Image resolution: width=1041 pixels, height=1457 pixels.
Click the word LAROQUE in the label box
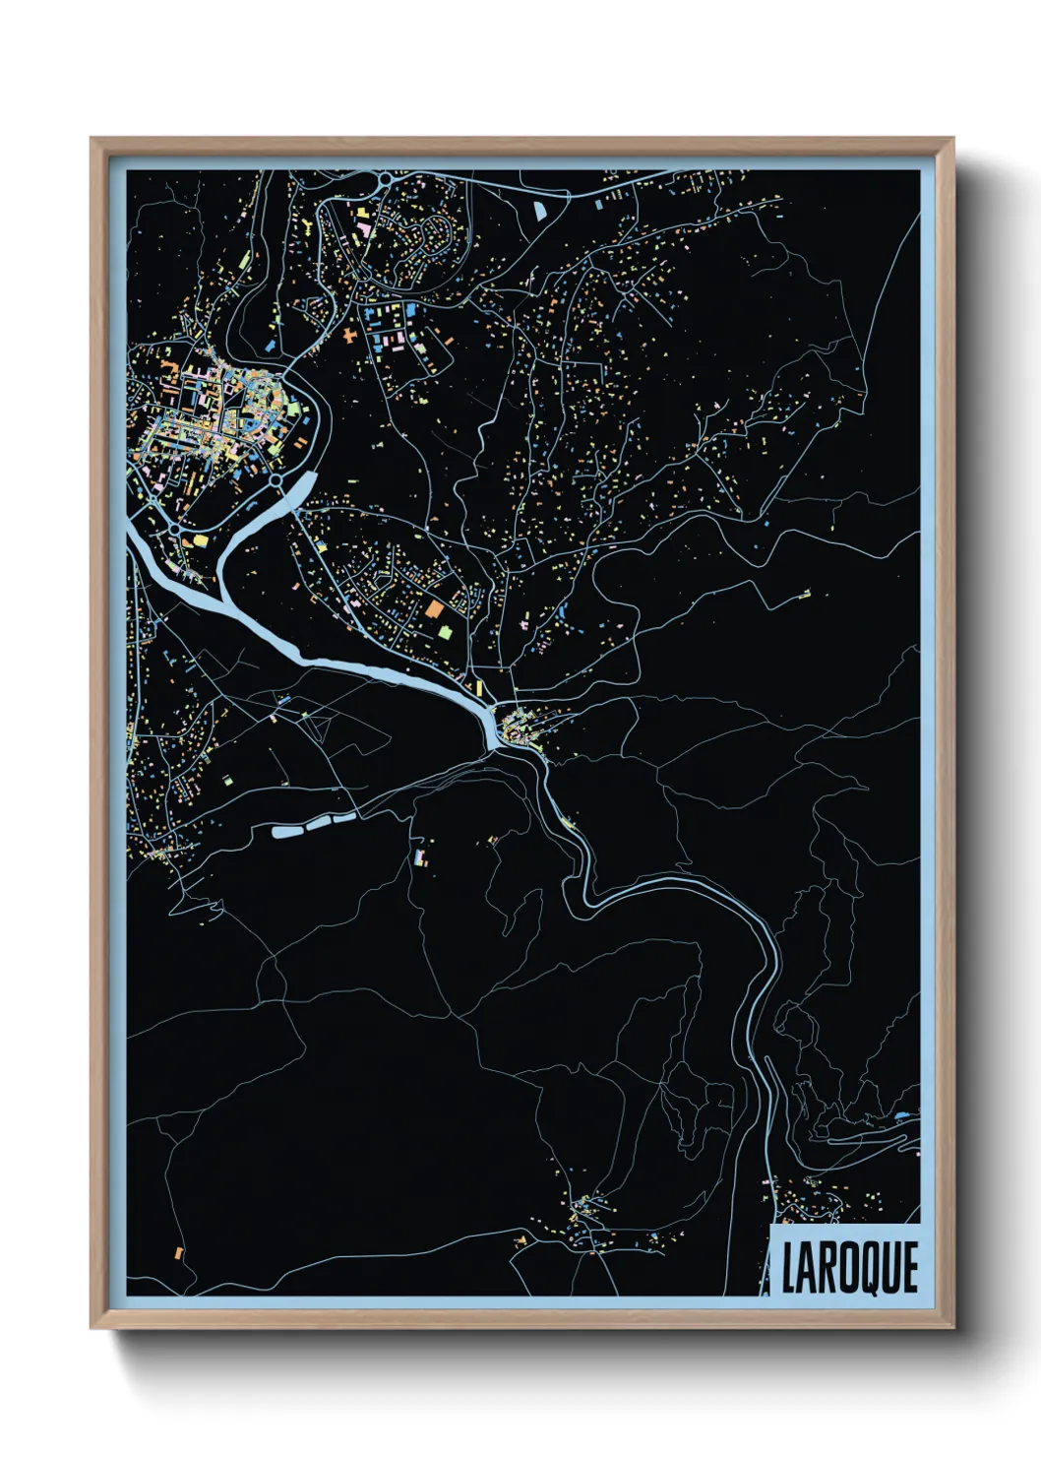pyautogui.click(x=850, y=1267)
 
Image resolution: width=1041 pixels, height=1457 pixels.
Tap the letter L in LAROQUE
pyautogui.click(x=790, y=1267)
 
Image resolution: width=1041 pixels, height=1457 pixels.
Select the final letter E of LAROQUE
pyautogui.click(x=910, y=1267)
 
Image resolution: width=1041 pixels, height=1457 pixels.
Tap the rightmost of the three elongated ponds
pyautogui.click(x=345, y=816)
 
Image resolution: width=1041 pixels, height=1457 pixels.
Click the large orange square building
pyautogui.click(x=434, y=609)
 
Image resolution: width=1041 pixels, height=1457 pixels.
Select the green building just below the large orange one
pyautogui.click(x=445, y=630)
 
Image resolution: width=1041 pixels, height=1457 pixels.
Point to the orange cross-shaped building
pyautogui.click(x=351, y=335)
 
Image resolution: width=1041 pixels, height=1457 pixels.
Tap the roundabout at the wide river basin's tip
pyautogui.click(x=278, y=481)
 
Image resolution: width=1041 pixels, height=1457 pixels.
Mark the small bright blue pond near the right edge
pyautogui.click(x=903, y=1116)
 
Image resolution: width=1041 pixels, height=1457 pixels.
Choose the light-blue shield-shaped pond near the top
pyautogui.click(x=541, y=209)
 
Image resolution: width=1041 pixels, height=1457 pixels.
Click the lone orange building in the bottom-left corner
pyautogui.click(x=178, y=1252)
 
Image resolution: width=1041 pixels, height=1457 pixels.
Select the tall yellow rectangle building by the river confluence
pyautogui.click(x=479, y=686)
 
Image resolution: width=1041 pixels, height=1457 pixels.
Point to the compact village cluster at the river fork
pyautogui.click(x=516, y=729)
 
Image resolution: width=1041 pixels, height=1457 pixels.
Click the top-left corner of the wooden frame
pyautogui.click(x=92, y=139)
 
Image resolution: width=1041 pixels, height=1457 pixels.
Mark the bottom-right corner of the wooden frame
pyautogui.click(x=953, y=1329)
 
